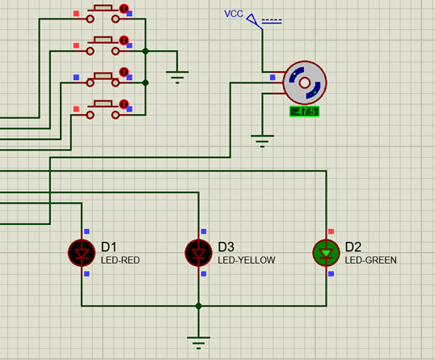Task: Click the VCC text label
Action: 234,14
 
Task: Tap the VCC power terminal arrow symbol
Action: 253,19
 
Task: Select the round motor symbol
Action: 304,83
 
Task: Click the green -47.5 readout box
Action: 304,112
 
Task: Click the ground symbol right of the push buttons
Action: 177,76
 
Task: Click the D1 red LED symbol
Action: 82,252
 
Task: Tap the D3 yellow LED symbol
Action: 198,252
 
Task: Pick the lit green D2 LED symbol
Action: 327,252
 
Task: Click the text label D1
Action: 109,246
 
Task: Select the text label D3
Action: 226,246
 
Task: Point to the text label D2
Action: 353,246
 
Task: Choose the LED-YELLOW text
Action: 246,260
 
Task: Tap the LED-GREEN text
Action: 371,260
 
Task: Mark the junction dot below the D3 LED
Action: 198,307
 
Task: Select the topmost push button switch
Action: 102,11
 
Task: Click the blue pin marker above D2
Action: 332,231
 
